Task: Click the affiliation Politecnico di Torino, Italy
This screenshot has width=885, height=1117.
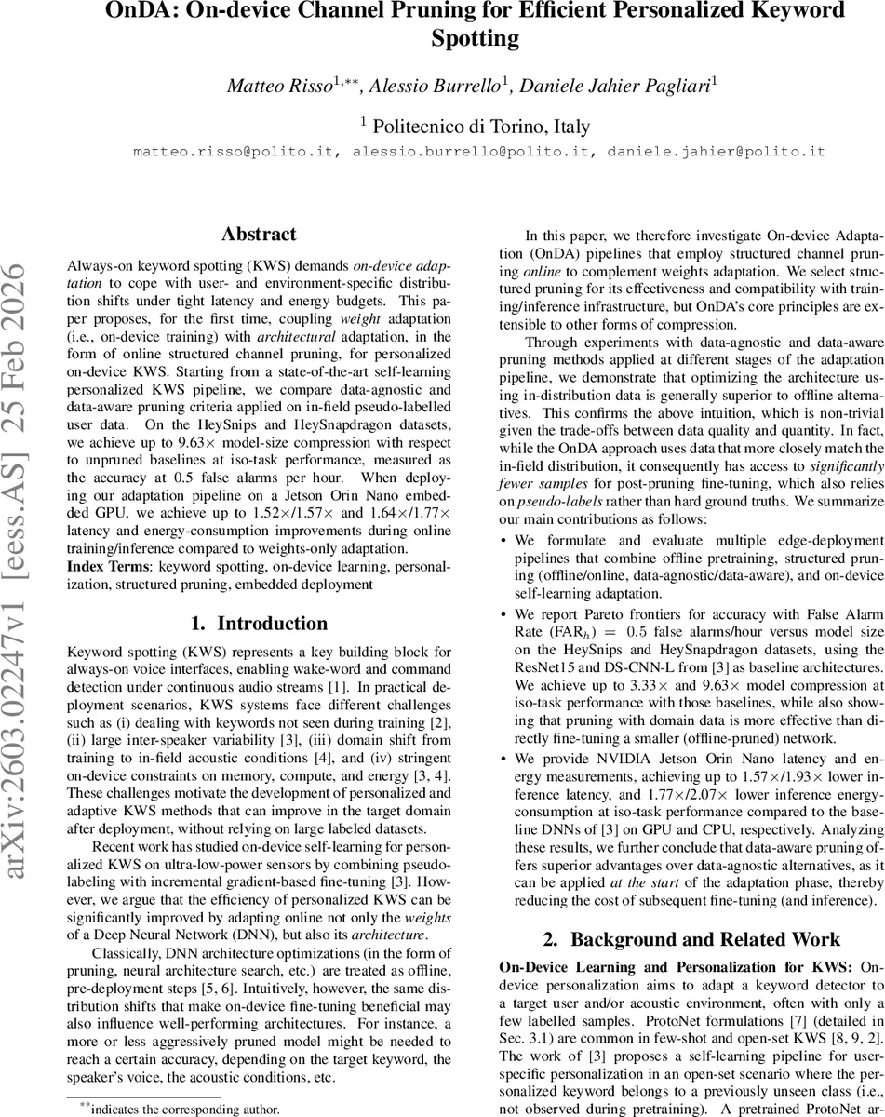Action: coord(478,126)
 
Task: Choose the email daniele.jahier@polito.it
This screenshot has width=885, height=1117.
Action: coord(717,151)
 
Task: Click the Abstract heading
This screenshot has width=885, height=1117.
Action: coord(259,235)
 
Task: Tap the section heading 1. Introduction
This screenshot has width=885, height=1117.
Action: coord(259,598)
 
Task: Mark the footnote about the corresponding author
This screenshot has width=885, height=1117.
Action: coord(179,1110)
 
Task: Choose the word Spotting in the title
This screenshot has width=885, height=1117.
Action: coord(475,39)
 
